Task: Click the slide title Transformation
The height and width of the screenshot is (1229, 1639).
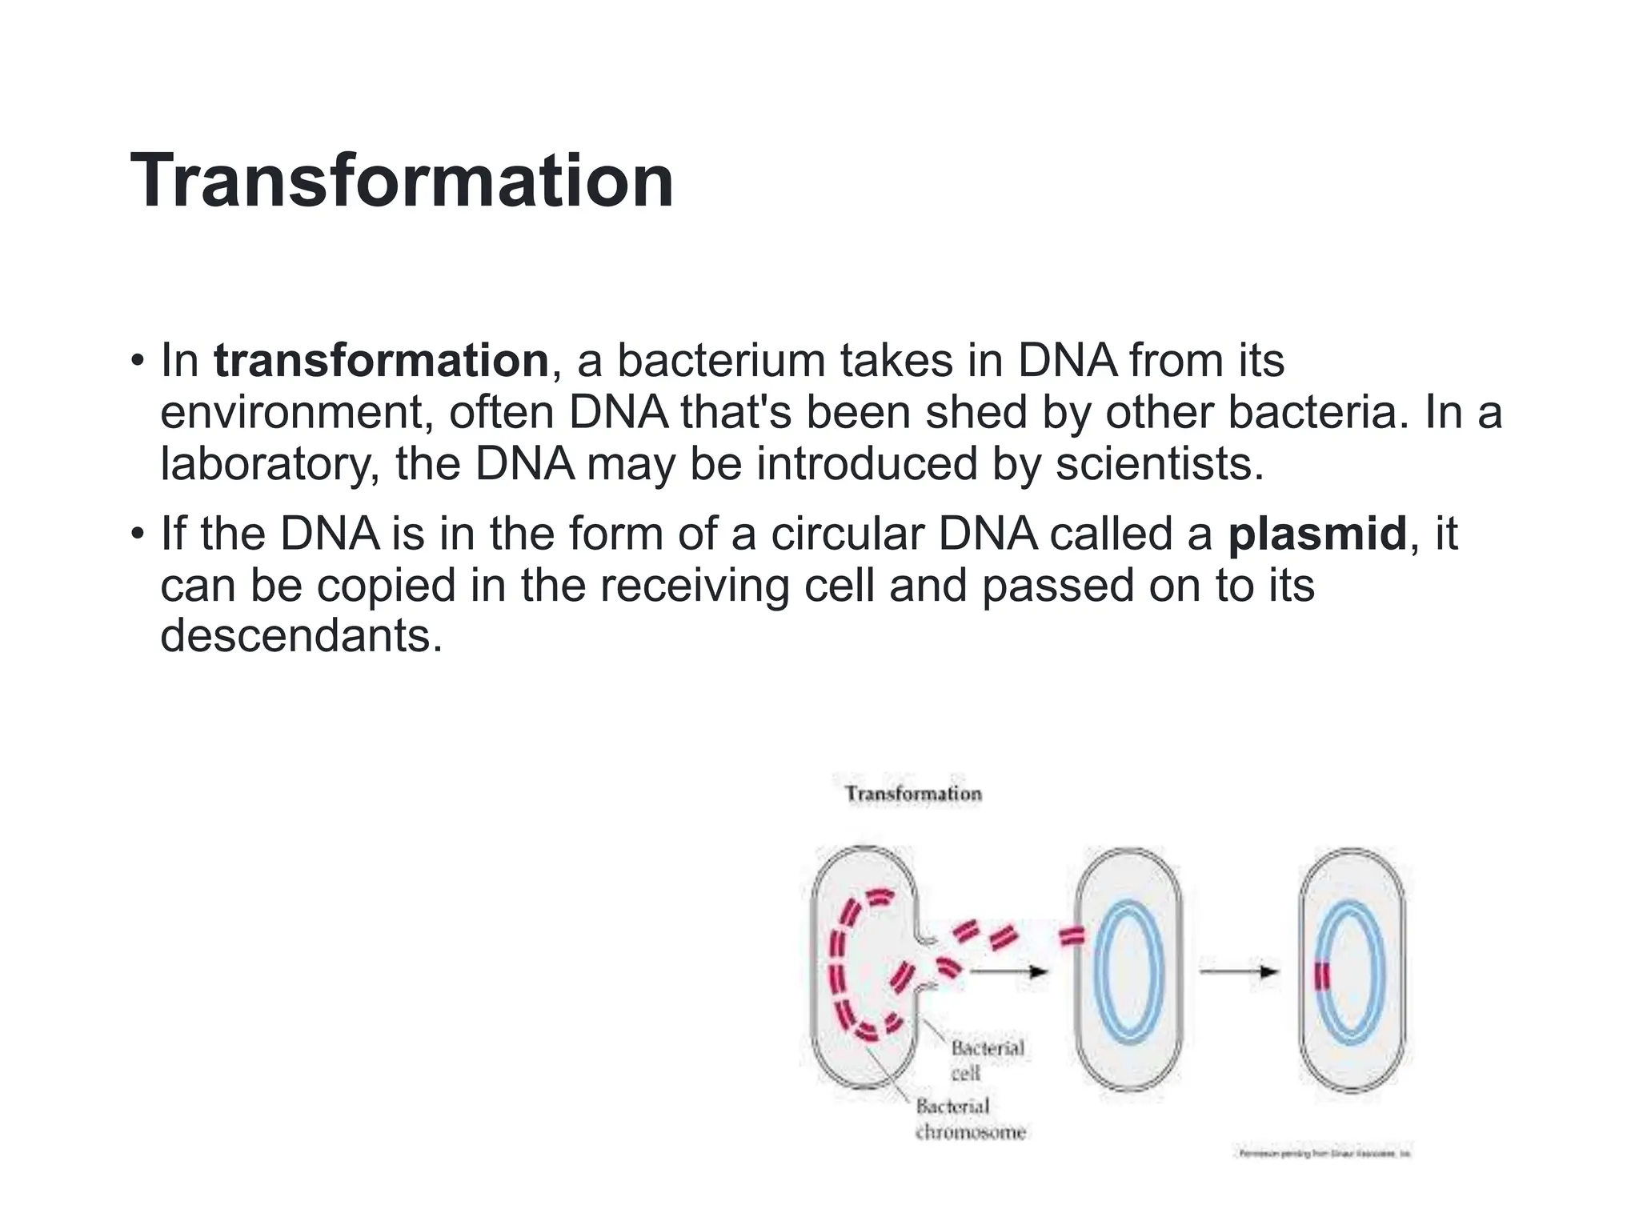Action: [402, 182]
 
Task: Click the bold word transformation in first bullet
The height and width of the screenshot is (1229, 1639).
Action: [381, 361]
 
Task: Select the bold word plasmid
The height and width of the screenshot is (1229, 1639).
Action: [1317, 534]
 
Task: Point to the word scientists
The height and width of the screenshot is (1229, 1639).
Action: [1159, 465]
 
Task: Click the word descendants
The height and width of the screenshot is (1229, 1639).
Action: [301, 636]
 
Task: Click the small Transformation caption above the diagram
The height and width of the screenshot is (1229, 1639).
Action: [913, 794]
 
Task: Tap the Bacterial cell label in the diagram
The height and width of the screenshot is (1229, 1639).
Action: [986, 1059]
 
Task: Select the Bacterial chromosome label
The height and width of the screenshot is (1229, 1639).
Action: [969, 1119]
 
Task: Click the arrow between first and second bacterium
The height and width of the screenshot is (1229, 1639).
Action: [1008, 971]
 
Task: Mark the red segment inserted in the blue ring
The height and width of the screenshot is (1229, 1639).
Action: [1322, 977]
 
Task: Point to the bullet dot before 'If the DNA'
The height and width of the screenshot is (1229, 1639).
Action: [138, 533]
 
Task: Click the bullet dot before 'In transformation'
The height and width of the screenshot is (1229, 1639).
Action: [138, 360]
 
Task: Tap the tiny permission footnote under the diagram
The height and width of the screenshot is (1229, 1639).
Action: [1324, 1154]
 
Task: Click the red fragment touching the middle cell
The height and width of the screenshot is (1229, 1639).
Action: [1072, 936]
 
